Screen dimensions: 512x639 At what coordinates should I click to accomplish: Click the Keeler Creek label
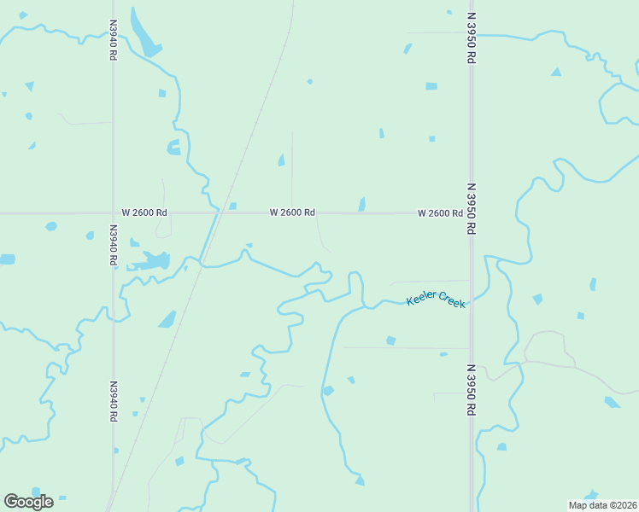point(437,299)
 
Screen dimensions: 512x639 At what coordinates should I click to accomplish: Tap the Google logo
point(28,502)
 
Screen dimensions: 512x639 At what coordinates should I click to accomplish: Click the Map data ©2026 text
point(602,505)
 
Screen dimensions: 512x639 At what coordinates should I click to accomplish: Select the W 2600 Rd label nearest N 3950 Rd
point(439,212)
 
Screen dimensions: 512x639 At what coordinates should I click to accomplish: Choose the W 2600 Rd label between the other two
point(292,212)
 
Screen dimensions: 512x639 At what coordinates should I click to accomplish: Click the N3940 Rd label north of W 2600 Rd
point(113,39)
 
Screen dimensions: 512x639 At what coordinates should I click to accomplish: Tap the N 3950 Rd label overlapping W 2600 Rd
point(470,208)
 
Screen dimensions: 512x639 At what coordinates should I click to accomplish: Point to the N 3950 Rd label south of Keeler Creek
point(470,390)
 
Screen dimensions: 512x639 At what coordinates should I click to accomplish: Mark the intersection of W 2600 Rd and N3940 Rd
point(113,212)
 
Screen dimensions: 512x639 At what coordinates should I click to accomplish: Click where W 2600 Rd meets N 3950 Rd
point(470,212)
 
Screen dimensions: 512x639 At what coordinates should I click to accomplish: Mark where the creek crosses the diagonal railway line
point(202,264)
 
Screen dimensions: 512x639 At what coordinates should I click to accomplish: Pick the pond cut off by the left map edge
point(7,259)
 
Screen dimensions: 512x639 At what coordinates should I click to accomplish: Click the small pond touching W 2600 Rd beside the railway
point(232,207)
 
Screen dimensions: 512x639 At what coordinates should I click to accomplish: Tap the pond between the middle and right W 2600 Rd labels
point(362,204)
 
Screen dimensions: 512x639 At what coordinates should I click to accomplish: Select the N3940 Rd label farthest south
point(113,401)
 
